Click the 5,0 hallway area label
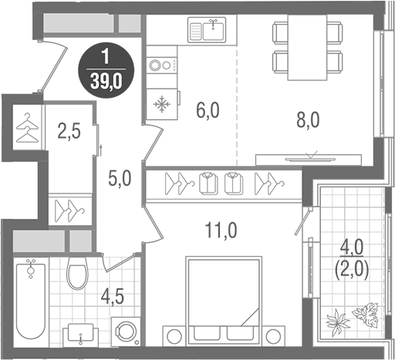(x=120, y=178)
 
